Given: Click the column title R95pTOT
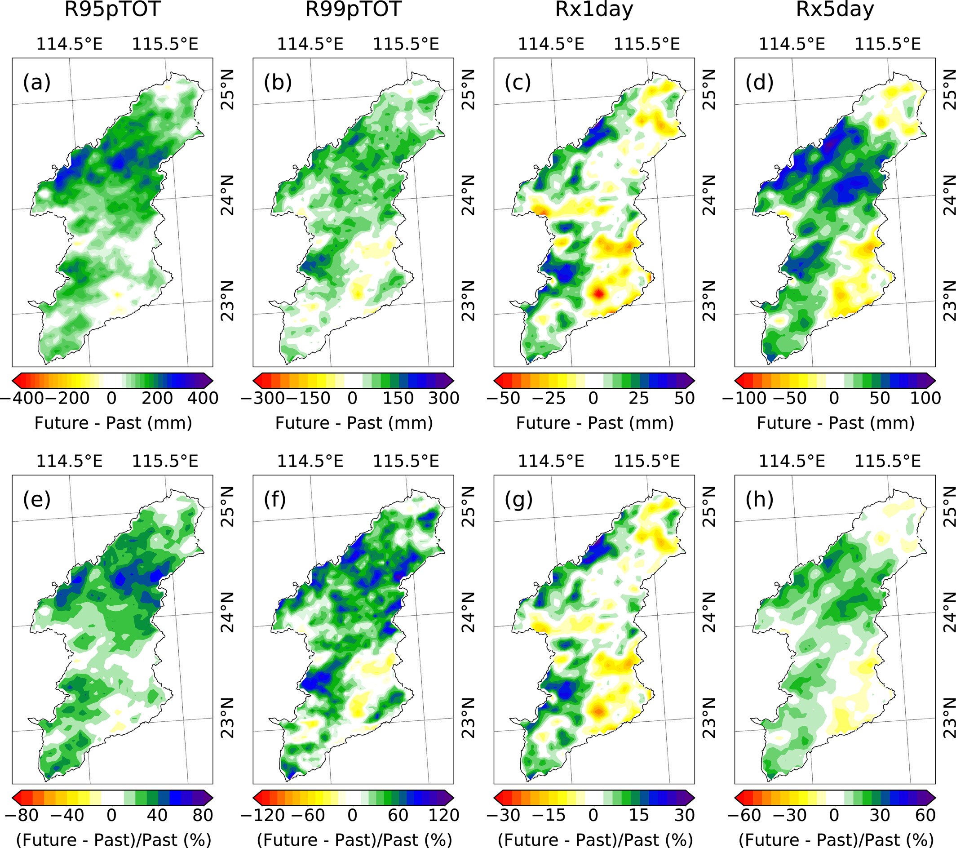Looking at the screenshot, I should point(112,9).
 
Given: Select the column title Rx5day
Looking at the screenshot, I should point(835,9).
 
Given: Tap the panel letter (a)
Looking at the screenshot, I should point(36,83).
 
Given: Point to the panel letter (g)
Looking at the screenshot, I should point(518,500).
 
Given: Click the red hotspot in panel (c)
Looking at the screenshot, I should point(599,294).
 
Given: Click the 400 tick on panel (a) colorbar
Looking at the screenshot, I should point(203,398).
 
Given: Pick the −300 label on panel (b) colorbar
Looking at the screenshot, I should point(262,398).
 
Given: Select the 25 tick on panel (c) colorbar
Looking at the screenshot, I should point(638,398).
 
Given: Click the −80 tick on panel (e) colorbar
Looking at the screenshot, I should point(22,815).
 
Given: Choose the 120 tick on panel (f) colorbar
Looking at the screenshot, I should point(443,815).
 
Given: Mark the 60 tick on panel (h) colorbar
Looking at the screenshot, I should point(925,815).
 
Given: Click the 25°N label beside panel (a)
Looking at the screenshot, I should point(228,90).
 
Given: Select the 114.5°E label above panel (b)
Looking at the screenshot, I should point(310,44).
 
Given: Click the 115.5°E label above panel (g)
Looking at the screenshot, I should point(646,462).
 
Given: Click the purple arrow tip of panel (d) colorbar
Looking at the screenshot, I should point(932,381).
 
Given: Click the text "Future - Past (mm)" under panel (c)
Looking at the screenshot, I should point(594,423).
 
